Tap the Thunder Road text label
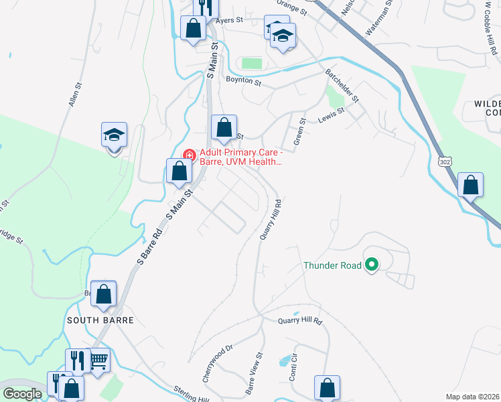point(332,265)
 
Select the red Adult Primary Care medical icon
point(189,155)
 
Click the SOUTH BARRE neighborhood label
point(100,320)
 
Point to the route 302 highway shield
point(445,161)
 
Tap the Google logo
point(23,394)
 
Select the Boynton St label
point(243,80)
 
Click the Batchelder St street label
point(342,84)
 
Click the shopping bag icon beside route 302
point(470,185)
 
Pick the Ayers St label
point(229,21)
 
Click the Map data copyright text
point(472,397)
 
